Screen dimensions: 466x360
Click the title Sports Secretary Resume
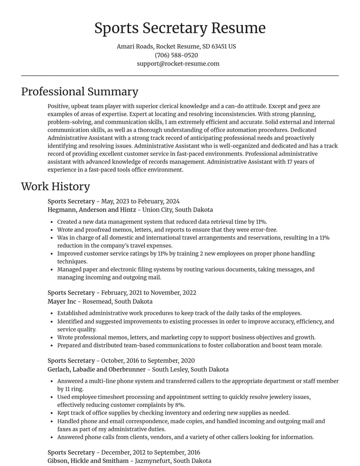[x=180, y=28]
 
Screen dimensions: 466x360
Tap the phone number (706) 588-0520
[x=176, y=55]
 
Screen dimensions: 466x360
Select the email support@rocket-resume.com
[x=178, y=63]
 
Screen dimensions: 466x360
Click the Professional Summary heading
[x=80, y=91]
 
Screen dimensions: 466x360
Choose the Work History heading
[x=55, y=186]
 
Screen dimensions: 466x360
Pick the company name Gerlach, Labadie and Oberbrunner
[x=97, y=370]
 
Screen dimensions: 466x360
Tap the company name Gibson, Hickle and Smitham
[x=88, y=461]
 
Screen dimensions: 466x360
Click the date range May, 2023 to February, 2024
[x=140, y=201]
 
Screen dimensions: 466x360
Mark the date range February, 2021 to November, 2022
[x=148, y=293]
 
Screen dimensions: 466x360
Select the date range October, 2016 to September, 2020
[x=148, y=361]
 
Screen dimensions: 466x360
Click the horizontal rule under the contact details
[x=180, y=76]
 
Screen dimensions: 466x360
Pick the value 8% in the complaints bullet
[x=180, y=405]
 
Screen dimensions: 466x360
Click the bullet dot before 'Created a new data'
[x=52, y=222]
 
